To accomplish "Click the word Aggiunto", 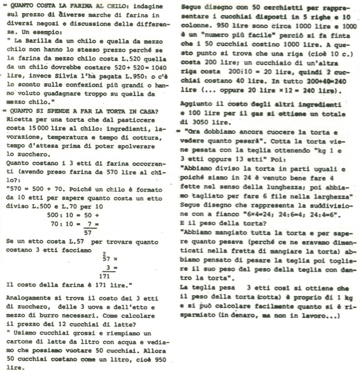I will coord(200,103).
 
